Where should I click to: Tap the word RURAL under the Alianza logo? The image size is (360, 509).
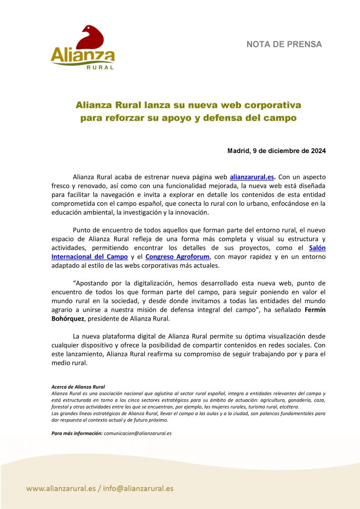[x=100, y=67]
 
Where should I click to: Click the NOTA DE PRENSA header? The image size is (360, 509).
[x=284, y=44]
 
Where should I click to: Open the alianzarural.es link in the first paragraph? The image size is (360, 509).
[x=252, y=176]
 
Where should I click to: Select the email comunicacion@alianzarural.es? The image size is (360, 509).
[x=138, y=433]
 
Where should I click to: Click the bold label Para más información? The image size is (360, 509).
[x=77, y=433]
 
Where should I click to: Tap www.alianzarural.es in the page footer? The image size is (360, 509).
[x=61, y=488]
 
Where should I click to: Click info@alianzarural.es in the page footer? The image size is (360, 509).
[x=139, y=488]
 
